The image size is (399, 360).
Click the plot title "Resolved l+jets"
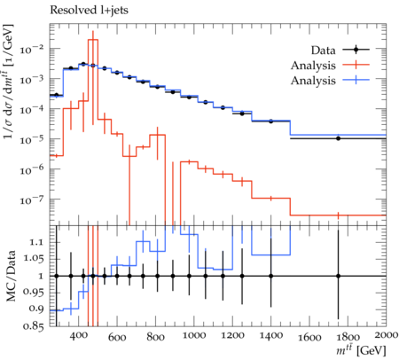[x=89, y=11]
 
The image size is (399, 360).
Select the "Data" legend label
[x=323, y=51]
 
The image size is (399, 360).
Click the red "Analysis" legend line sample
[x=356, y=65]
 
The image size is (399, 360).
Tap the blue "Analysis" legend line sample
[x=356, y=80]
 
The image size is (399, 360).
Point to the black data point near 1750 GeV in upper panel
[x=339, y=138]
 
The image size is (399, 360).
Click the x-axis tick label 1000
[x=193, y=335]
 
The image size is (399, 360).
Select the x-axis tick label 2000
[x=386, y=335]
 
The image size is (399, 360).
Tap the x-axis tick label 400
[x=79, y=335]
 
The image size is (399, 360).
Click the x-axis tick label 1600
[x=309, y=337]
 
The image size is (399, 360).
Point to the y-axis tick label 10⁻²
[x=33, y=48]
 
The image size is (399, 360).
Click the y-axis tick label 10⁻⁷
[x=33, y=200]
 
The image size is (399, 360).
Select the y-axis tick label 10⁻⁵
[x=33, y=139]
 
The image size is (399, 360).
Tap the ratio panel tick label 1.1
[x=36, y=242]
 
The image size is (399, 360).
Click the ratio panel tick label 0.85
[x=34, y=326]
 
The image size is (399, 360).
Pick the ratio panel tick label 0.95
[x=34, y=293]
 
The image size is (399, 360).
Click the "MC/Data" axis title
[x=12, y=276]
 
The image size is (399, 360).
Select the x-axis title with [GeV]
[x=361, y=351]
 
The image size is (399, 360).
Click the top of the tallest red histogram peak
[x=93, y=39]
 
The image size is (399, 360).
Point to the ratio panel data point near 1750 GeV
[x=339, y=276]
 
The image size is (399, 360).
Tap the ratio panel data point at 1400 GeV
[x=270, y=276]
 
